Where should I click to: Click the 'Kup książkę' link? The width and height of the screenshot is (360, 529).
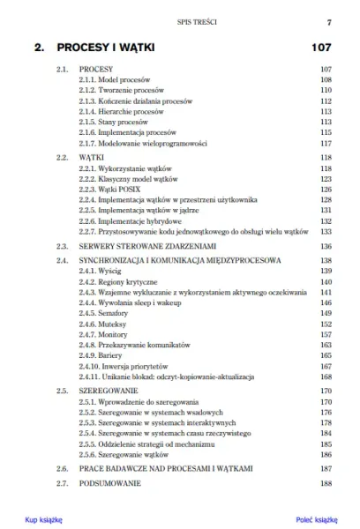[43, 520]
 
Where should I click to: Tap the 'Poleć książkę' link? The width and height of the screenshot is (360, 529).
[317, 520]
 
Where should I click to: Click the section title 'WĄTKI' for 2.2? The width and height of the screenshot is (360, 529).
[92, 157]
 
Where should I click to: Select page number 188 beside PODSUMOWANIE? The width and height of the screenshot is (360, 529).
[325, 484]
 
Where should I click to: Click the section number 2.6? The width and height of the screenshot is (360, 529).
[62, 468]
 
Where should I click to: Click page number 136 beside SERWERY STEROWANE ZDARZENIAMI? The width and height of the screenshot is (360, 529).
[325, 246]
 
